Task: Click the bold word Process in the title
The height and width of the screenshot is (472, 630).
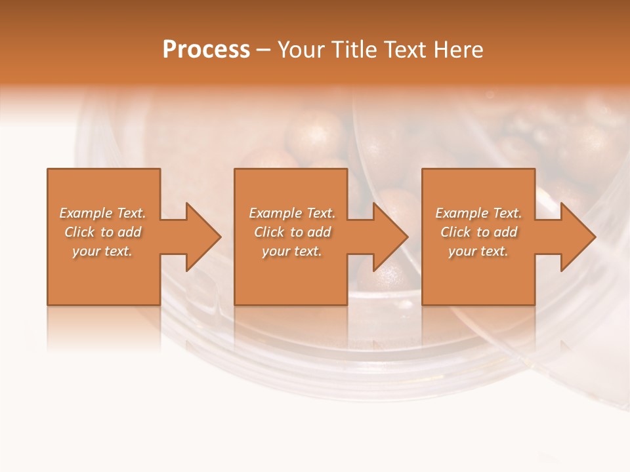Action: pyautogui.click(x=206, y=50)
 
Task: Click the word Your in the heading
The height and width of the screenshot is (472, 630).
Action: pyautogui.click(x=301, y=50)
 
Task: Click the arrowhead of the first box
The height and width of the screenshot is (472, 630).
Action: pyautogui.click(x=201, y=237)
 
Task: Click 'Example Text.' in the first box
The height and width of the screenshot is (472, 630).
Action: pyautogui.click(x=102, y=213)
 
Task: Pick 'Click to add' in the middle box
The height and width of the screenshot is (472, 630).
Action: pyautogui.click(x=292, y=232)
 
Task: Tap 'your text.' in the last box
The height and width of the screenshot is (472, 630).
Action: pyautogui.click(x=478, y=251)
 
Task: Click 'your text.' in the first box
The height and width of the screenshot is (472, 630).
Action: pyautogui.click(x=102, y=251)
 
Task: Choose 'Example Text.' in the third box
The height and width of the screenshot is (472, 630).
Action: pyautogui.click(x=478, y=213)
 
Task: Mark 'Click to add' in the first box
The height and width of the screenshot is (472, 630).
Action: pyautogui.click(x=102, y=232)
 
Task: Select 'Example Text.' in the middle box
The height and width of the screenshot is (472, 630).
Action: pyautogui.click(x=292, y=213)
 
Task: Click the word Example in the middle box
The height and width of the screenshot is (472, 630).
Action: pyautogui.click(x=275, y=213)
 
